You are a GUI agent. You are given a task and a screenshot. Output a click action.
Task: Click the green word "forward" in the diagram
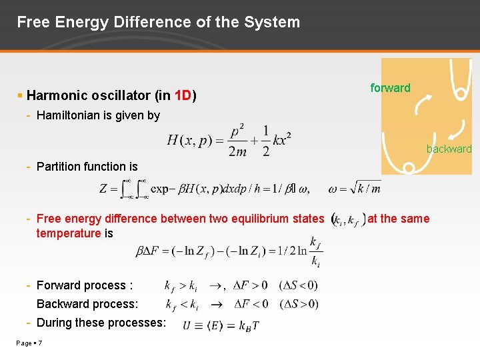pos(390,88)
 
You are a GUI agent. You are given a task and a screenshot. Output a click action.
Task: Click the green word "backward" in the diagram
pos(449,149)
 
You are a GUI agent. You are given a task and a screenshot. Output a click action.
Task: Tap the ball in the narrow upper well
pos(459,95)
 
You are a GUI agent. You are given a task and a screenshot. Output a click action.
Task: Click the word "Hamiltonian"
pos(71,115)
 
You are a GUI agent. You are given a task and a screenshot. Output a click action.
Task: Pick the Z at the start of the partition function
pos(104,189)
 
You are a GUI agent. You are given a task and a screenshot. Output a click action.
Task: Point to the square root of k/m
pos(363,189)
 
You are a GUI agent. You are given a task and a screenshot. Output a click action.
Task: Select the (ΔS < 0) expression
pos(298,285)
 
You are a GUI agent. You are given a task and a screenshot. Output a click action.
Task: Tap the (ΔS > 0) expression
pos(298,304)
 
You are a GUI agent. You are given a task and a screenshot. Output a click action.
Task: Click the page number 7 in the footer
pos(41,343)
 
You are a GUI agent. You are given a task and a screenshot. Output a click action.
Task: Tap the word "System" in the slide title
pos(272,22)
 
